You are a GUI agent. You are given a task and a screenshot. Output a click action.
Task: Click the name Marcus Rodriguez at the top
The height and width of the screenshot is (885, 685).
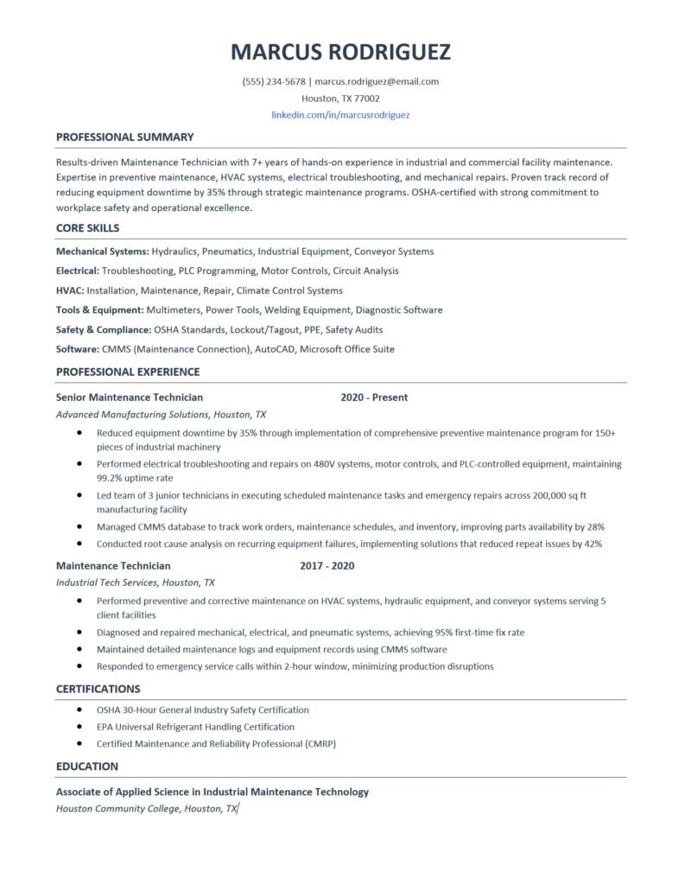pos(340,52)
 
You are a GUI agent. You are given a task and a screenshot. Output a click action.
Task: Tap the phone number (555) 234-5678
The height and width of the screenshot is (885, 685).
pos(274,82)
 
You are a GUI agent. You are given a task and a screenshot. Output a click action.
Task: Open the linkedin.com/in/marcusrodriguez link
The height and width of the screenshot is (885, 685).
pos(340,114)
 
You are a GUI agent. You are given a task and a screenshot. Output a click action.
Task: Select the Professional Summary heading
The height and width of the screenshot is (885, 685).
pos(124,137)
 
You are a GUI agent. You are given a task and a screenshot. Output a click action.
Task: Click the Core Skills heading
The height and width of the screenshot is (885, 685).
pos(87,228)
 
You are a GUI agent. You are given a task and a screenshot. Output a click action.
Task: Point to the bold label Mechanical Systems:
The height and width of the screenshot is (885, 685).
pos(102,251)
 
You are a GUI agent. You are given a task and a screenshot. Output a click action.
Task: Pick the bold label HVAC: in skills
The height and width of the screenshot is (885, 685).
pos(70,290)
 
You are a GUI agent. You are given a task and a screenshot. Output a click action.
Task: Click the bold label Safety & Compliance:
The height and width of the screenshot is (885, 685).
pos(103,329)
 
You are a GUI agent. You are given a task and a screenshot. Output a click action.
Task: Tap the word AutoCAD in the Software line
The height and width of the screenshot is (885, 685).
pos(274,349)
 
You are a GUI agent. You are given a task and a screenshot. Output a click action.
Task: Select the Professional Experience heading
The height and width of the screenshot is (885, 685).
pos(128,372)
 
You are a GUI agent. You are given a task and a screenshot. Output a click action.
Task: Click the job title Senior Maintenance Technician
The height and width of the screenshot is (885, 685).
pos(130,398)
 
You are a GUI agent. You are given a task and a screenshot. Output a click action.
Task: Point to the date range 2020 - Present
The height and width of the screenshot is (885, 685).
pos(374,398)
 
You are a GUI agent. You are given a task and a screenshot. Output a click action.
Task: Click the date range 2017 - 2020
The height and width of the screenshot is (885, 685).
pos(327,566)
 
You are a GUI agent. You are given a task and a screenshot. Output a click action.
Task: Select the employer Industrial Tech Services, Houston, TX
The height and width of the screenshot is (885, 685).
pos(136,583)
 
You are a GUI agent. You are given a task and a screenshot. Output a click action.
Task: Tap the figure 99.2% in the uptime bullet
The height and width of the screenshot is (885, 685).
pos(111,477)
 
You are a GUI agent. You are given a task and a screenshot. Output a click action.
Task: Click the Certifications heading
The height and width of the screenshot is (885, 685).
pos(98,689)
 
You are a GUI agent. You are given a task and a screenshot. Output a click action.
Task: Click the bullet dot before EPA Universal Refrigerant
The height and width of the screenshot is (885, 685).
pos(80,727)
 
